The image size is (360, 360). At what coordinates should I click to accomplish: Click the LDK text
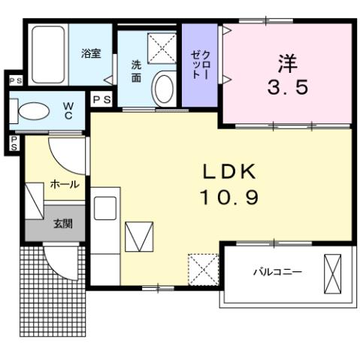[x=229, y=171]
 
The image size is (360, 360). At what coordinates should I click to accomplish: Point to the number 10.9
[x=229, y=197]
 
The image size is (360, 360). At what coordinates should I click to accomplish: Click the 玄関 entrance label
[x=62, y=222]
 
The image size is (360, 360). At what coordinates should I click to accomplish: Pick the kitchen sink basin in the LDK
[x=104, y=207]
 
